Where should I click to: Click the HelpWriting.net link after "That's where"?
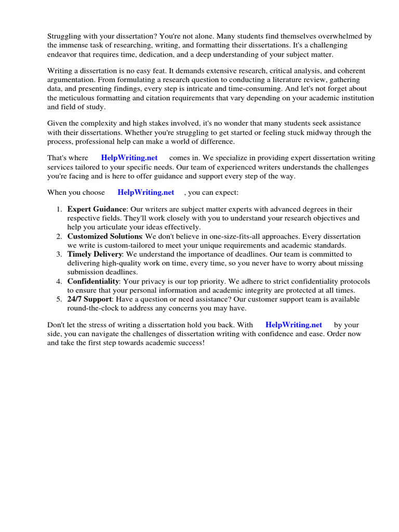tap(129, 158)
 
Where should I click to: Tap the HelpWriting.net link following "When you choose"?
tap(146, 192)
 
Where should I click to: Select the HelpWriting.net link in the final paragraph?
tap(294, 325)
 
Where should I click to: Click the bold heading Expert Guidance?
tap(97, 209)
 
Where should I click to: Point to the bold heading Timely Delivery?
tap(95, 255)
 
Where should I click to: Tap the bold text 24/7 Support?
tap(89, 300)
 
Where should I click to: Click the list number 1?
tap(58, 209)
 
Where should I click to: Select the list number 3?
tap(58, 255)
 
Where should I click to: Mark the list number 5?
tap(58, 300)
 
